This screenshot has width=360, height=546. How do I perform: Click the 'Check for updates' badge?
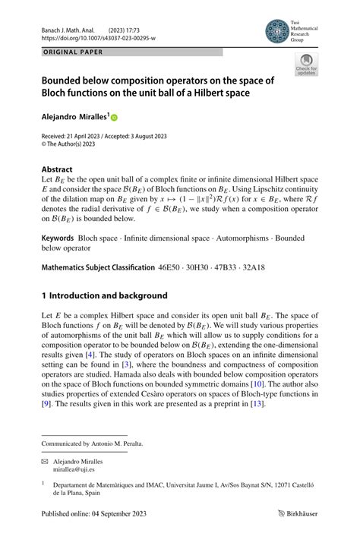[306, 66]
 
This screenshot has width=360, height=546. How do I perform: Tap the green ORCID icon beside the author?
[115, 117]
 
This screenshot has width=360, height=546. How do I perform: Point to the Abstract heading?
[57, 169]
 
